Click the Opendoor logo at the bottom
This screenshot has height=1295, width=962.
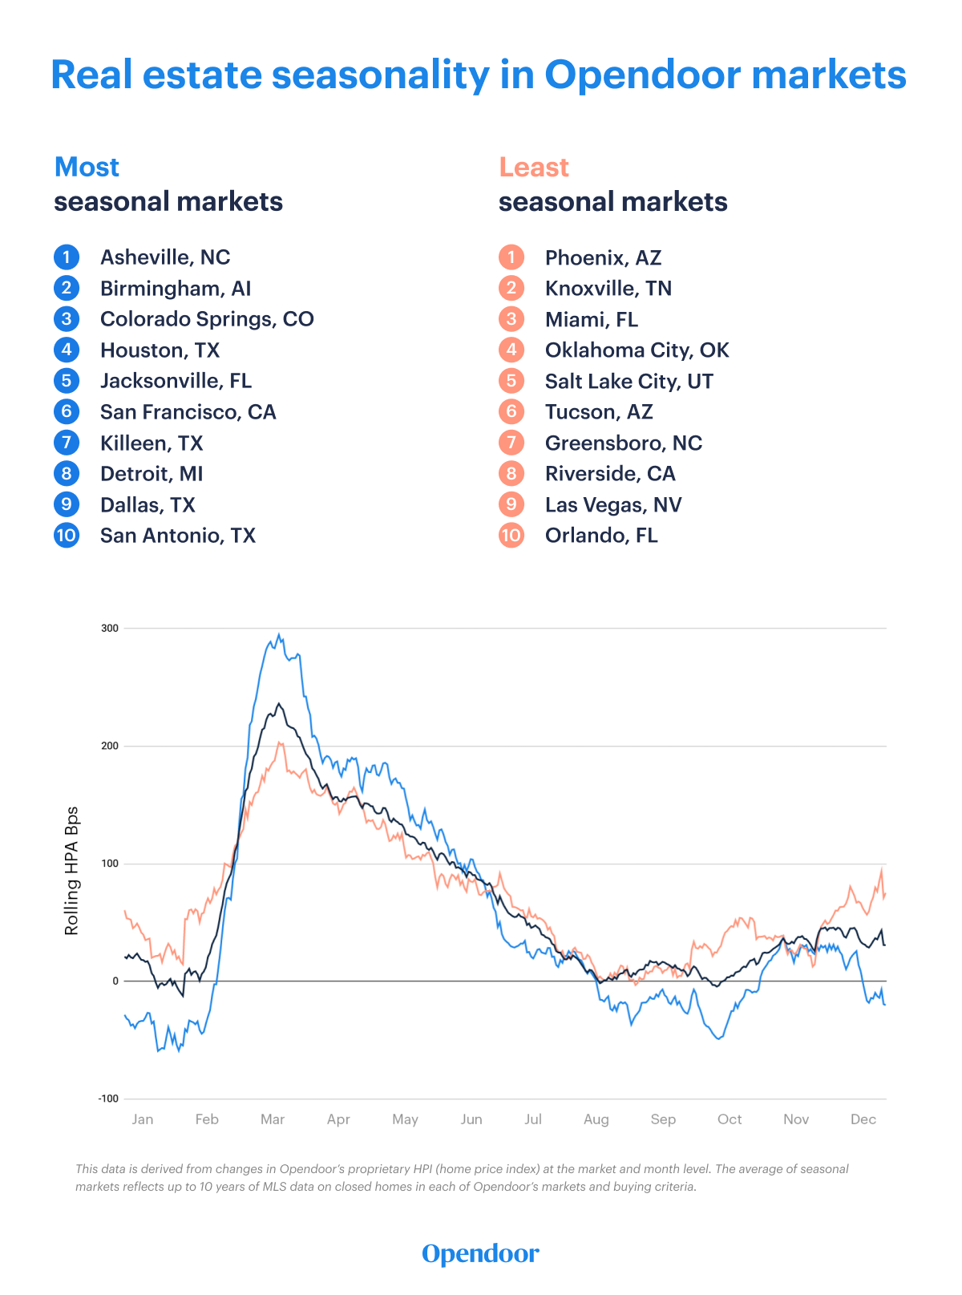click(x=481, y=1253)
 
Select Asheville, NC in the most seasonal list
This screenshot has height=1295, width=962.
click(x=165, y=257)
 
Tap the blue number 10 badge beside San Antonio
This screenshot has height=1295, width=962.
click(x=67, y=535)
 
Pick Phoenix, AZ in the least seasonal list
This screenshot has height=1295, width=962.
click(x=603, y=257)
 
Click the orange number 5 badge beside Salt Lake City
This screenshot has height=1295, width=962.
click(x=511, y=381)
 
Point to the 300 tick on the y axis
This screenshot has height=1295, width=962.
click(x=110, y=629)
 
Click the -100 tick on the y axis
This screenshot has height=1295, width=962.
click(x=108, y=1099)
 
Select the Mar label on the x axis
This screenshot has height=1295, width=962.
click(x=273, y=1119)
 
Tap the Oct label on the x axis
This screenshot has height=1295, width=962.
click(x=730, y=1119)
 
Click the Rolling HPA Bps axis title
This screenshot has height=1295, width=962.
click(x=72, y=871)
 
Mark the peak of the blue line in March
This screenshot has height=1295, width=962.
click(x=279, y=635)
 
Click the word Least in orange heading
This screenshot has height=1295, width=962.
click(x=534, y=167)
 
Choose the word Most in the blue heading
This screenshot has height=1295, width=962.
click(x=87, y=167)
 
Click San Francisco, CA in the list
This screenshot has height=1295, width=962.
click(x=188, y=412)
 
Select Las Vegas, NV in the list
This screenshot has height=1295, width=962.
click(x=613, y=504)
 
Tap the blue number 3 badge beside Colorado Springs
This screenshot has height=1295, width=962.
click(x=67, y=319)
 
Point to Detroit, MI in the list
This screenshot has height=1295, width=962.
click(x=152, y=474)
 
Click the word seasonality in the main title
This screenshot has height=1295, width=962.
click(x=381, y=75)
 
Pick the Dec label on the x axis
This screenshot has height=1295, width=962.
click(x=863, y=1119)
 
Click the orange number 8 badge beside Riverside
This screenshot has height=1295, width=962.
click(x=511, y=474)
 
